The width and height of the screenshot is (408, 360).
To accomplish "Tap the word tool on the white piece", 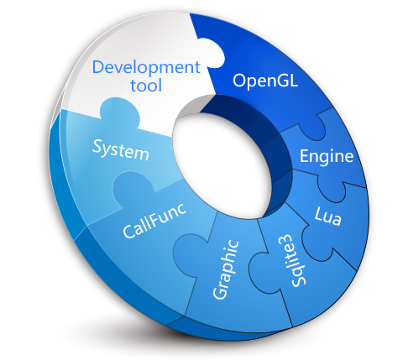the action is click(146, 86).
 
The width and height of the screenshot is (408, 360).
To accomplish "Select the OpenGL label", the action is click(265, 81).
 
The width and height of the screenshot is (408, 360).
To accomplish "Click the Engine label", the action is click(327, 157).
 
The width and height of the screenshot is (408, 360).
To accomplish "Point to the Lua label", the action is click(328, 216).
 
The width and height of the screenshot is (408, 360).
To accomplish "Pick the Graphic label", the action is click(226, 269).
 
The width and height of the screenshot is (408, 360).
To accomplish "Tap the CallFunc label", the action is click(154, 222).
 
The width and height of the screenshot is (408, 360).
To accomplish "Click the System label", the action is click(120, 150).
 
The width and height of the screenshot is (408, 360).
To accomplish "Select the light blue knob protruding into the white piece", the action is click(120, 112).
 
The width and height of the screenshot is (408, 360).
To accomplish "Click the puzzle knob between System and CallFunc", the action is click(132, 186).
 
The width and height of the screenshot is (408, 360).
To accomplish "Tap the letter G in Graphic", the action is click(219, 293).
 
